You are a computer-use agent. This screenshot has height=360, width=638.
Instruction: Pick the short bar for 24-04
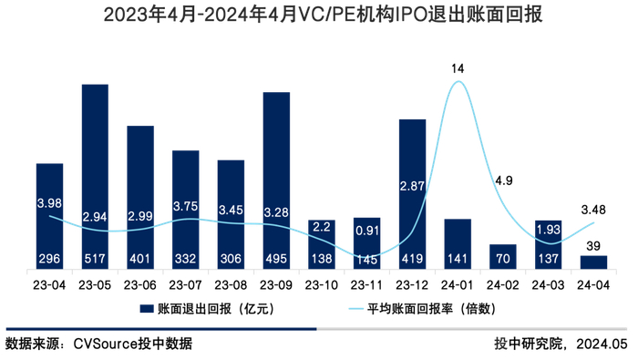coord(593,262)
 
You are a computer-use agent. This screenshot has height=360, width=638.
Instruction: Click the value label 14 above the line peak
coord(458,68)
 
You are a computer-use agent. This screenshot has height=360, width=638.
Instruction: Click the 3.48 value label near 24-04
coord(593,210)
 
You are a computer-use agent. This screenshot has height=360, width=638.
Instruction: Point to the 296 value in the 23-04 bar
coord(50,260)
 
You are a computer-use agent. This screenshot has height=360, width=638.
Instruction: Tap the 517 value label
coord(95,260)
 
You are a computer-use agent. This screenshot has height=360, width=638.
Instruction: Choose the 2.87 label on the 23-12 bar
coord(412,186)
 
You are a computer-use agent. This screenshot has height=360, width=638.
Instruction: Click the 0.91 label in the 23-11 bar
coord(366,230)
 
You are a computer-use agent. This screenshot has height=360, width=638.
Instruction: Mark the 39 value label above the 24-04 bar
coord(593,245)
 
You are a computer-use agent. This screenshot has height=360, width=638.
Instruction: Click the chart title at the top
coord(319,15)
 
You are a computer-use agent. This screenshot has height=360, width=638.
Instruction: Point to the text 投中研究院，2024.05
coord(562,344)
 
